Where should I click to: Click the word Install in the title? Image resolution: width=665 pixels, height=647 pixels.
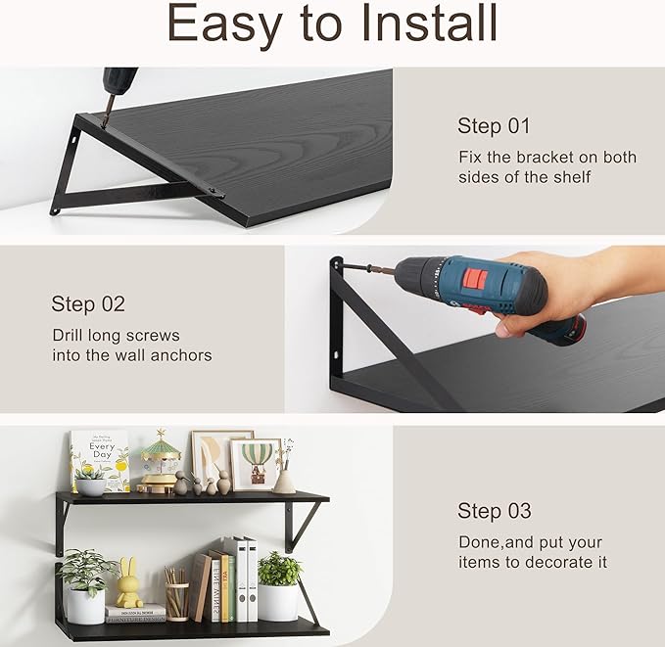coord(424,23)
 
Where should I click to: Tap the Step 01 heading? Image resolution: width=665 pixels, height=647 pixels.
coord(494,125)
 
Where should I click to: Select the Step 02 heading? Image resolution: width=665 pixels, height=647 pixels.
coord(88,304)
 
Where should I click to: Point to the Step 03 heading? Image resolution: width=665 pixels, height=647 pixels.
coord(495,511)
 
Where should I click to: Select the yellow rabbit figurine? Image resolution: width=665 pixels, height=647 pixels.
coord(129,585)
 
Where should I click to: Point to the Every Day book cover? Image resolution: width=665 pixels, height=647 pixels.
coord(100,459)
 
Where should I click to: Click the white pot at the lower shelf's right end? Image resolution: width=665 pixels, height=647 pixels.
coord(278,601)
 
